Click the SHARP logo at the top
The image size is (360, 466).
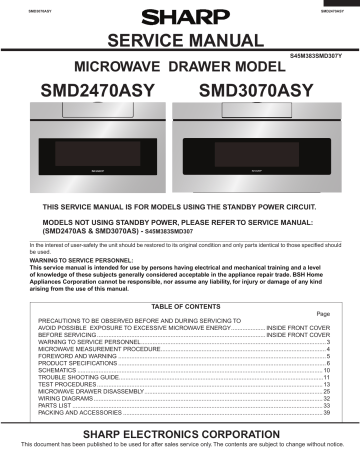pyautogui.click(x=179, y=16)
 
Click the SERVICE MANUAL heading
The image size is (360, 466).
pyautogui.click(x=179, y=40)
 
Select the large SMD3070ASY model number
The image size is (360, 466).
pyautogui.click(x=257, y=92)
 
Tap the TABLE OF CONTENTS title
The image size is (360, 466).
pyautogui.click(x=179, y=305)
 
